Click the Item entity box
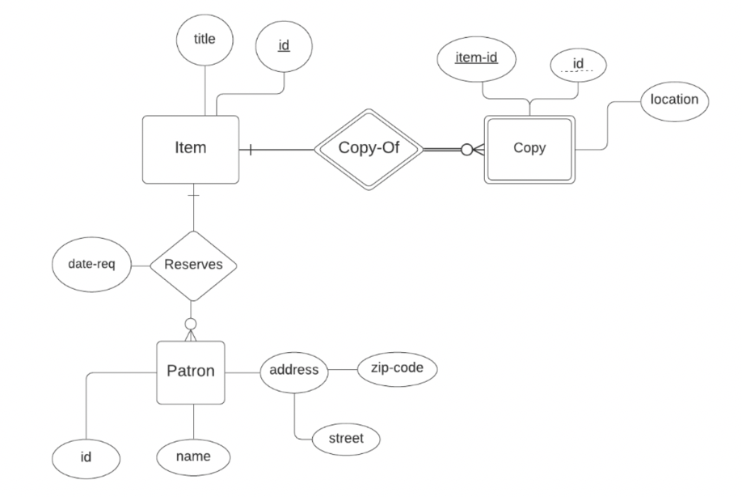[x=191, y=149]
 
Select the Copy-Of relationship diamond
[x=369, y=149]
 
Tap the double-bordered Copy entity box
[x=529, y=149]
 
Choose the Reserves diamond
[x=193, y=265]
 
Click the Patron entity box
[x=190, y=372]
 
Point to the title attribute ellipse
[x=204, y=39]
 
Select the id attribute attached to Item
[x=284, y=45]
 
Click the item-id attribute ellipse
[x=476, y=58]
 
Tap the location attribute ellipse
[x=674, y=100]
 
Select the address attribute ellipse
[x=294, y=372]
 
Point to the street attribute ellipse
[x=345, y=439]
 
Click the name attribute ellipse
[x=193, y=457]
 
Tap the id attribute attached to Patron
[x=86, y=457]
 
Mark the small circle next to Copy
[x=466, y=149]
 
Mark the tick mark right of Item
[x=251, y=149]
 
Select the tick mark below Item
[x=192, y=194]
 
